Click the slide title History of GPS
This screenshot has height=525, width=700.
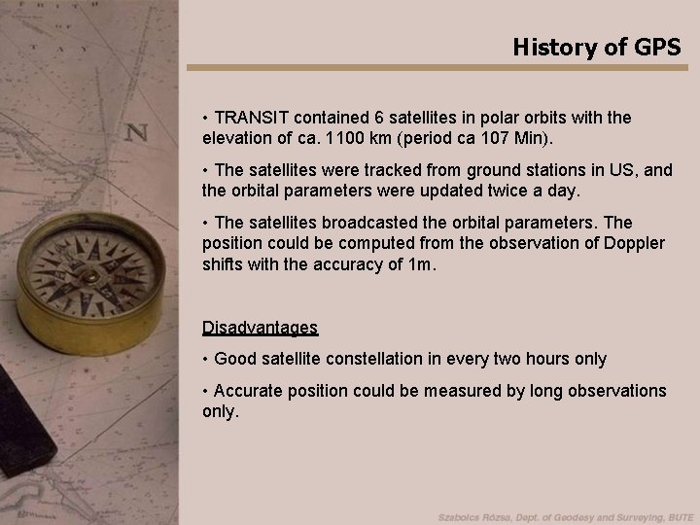coord(597,46)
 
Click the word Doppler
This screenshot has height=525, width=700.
coord(634,242)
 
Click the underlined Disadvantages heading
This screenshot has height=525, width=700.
coord(260,328)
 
